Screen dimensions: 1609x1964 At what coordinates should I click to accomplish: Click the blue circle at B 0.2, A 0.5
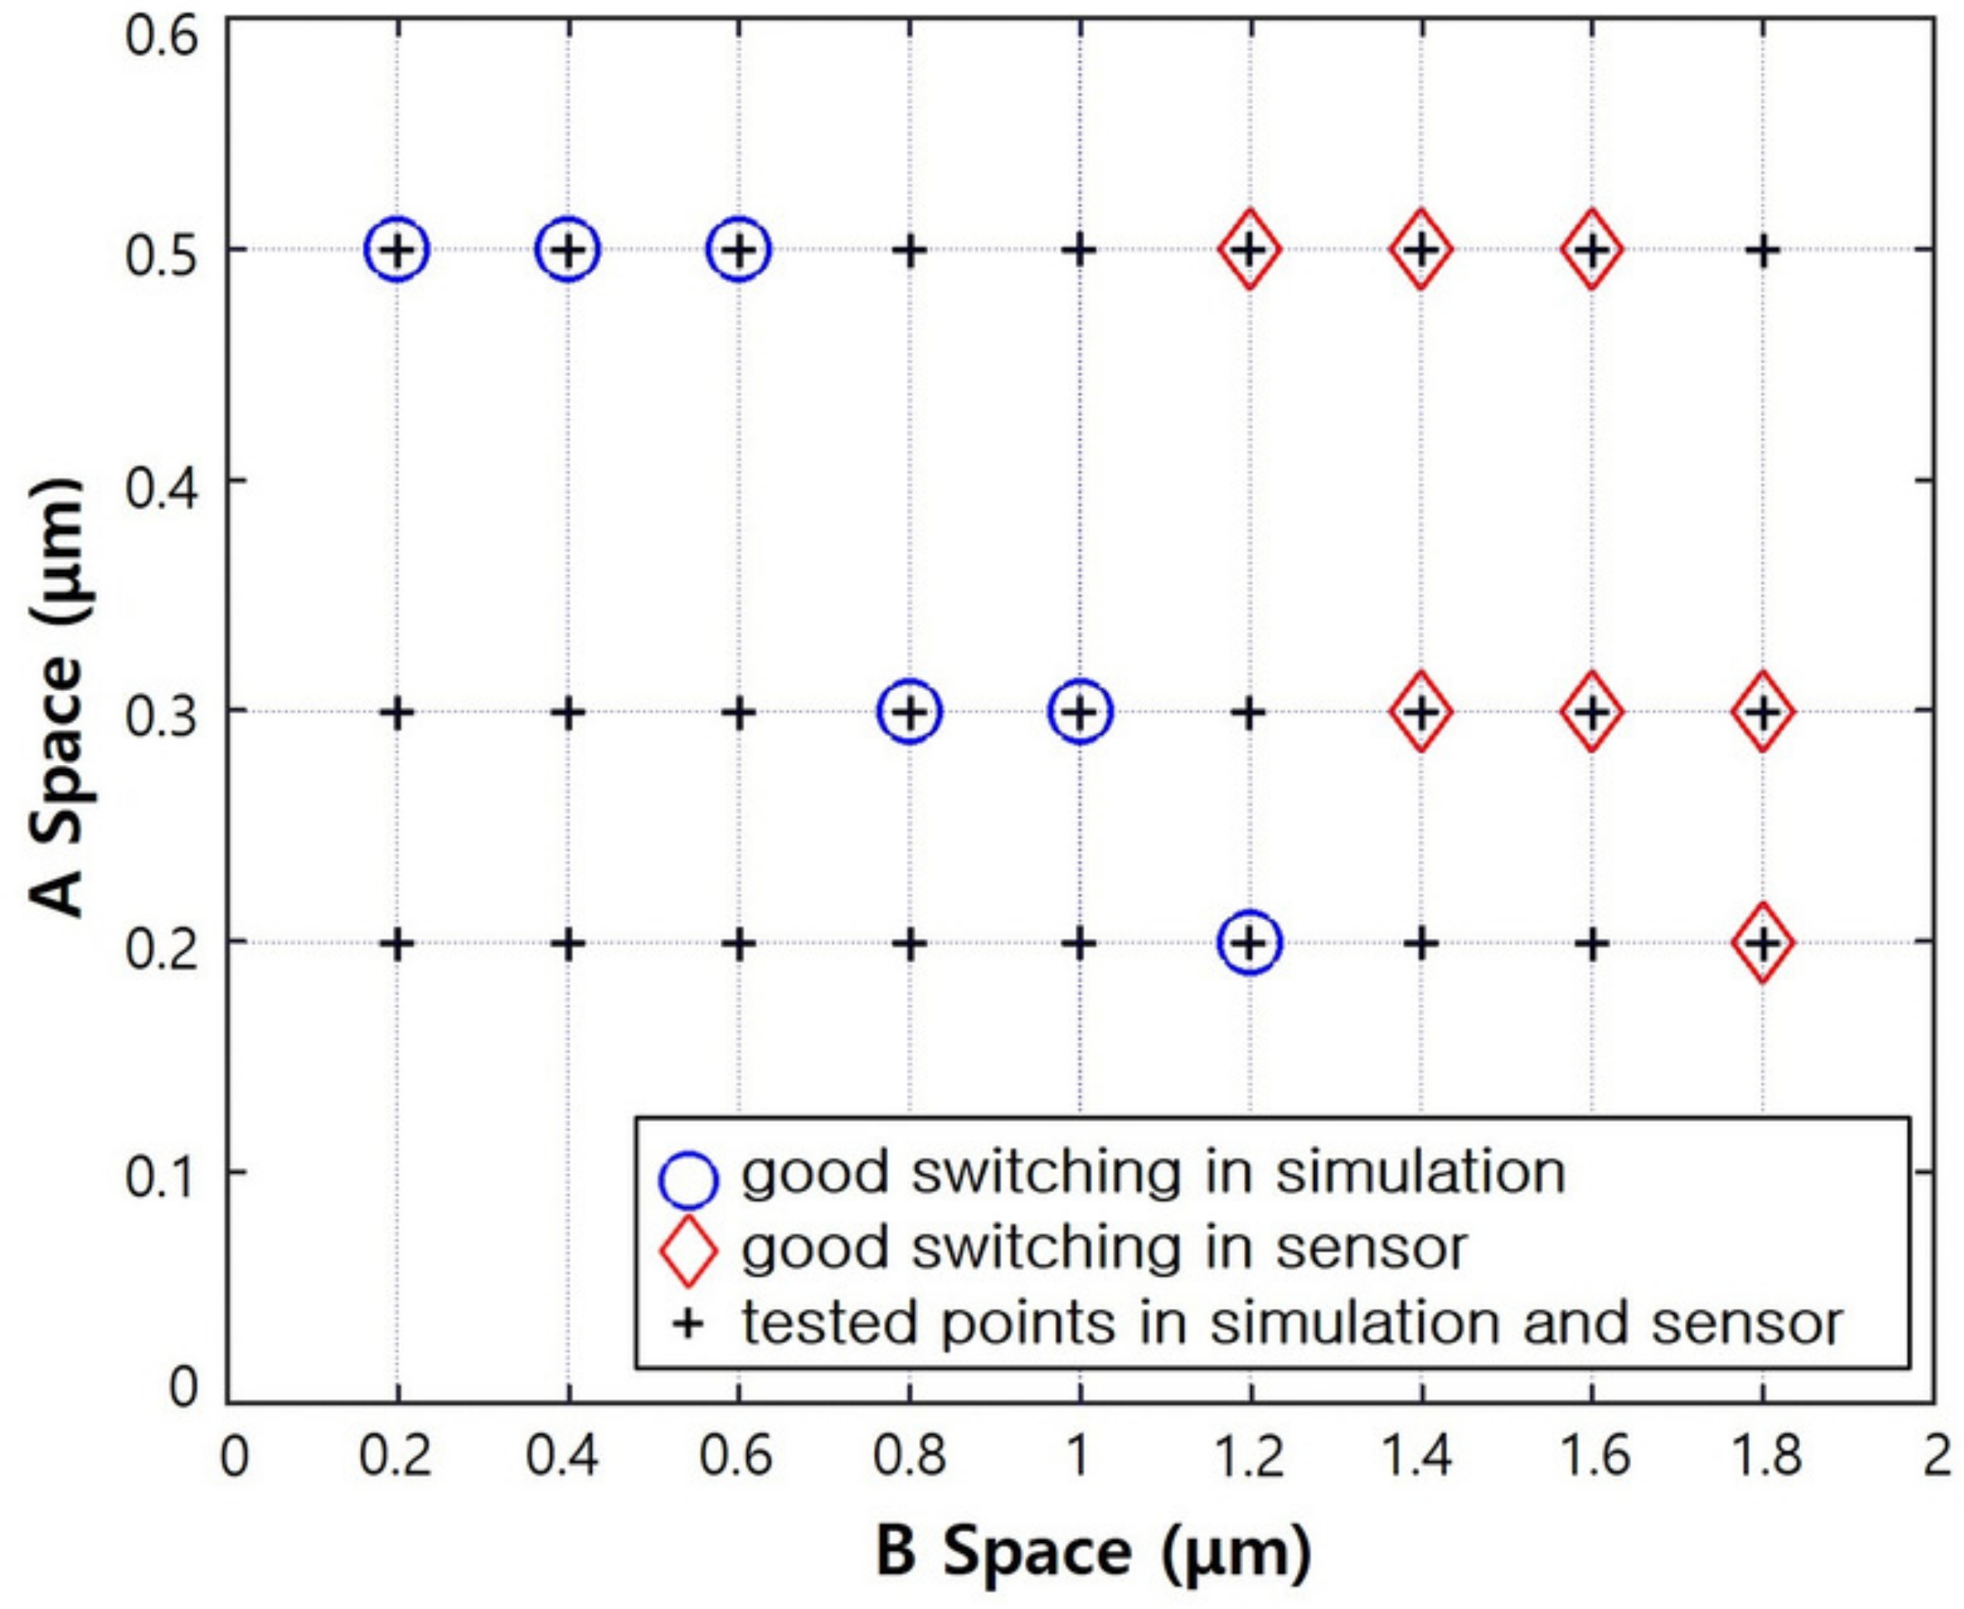[x=397, y=250]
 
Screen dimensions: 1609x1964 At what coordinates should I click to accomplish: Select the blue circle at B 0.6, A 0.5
[x=739, y=250]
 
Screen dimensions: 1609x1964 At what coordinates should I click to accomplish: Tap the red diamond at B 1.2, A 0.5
[x=1250, y=250]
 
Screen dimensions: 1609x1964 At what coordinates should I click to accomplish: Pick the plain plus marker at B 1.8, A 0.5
[x=1763, y=250]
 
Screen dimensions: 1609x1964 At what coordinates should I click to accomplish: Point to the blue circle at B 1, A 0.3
[x=1080, y=712]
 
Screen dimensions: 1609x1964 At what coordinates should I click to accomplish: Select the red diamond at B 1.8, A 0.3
[x=1763, y=712]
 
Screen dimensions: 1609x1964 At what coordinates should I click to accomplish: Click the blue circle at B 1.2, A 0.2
[x=1250, y=943]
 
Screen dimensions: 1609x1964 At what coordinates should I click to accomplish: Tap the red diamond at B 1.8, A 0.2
[x=1763, y=943]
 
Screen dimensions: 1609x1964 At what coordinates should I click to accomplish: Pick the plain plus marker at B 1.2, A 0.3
[x=1250, y=713]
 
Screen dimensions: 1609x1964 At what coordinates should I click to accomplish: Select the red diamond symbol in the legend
[x=688, y=1251]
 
